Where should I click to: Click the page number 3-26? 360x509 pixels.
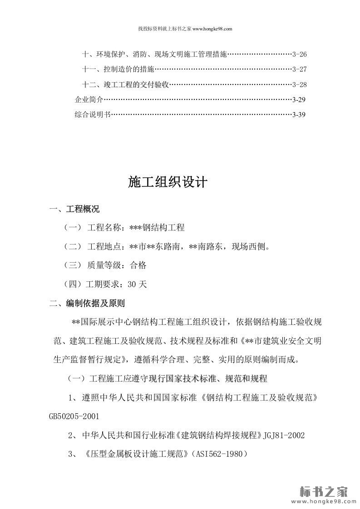(x=300, y=54)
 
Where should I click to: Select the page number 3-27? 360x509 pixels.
(x=300, y=69)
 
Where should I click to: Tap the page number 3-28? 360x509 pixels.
(x=300, y=84)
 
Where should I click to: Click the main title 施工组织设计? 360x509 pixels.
(x=168, y=182)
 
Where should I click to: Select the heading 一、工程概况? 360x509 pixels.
(x=74, y=209)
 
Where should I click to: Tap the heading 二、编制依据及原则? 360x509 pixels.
(x=87, y=303)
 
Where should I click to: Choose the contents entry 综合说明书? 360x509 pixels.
(x=93, y=114)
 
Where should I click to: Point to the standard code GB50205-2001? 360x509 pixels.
(x=74, y=416)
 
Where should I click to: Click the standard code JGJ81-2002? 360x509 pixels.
(x=284, y=435)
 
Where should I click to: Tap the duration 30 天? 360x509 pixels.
(x=138, y=284)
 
